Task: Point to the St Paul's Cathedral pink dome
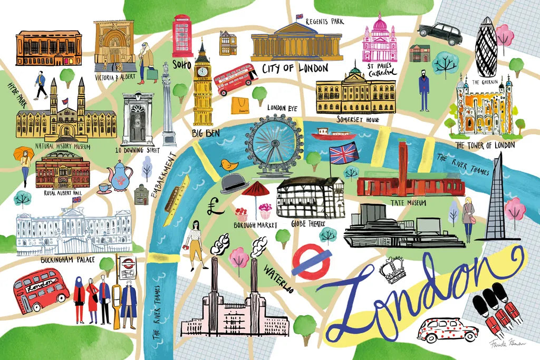coord(378,26)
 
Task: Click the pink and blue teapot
coord(119,176)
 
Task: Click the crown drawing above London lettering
coord(392,270)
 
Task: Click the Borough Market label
coord(254,225)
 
